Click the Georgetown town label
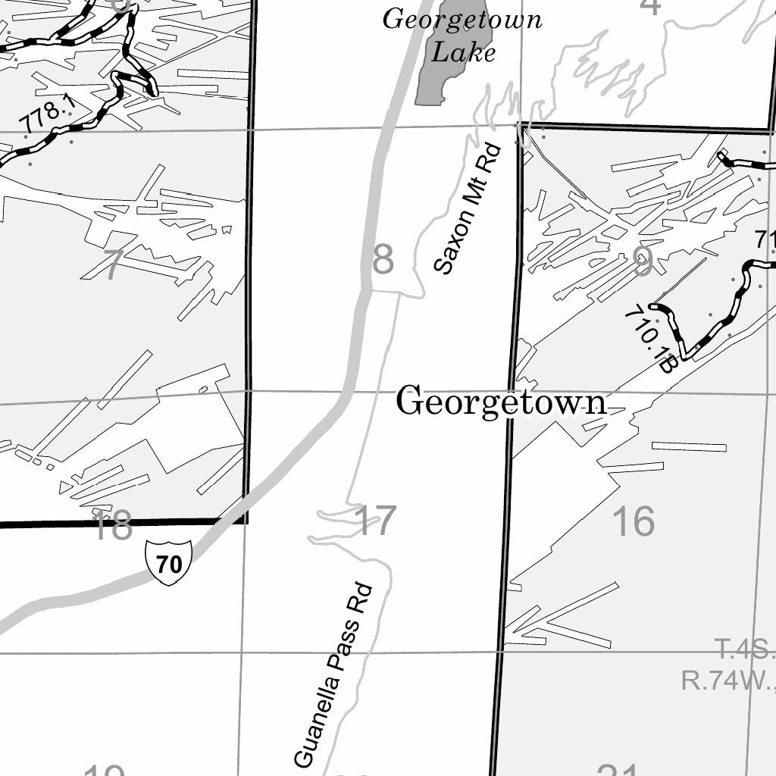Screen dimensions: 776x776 coord(501,402)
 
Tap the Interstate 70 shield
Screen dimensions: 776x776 coord(168,562)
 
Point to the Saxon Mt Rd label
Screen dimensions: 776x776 coord(464,208)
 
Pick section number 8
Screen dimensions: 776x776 coord(383,260)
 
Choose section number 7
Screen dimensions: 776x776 coord(112,265)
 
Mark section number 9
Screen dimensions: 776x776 coord(643,262)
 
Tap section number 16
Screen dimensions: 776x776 coord(633,521)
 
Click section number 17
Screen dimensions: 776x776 coord(375,521)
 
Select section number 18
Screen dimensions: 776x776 coord(111,526)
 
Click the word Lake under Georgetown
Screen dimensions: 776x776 coord(463,52)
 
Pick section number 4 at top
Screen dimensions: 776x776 coord(650,6)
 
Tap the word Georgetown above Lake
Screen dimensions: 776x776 coord(462,19)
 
